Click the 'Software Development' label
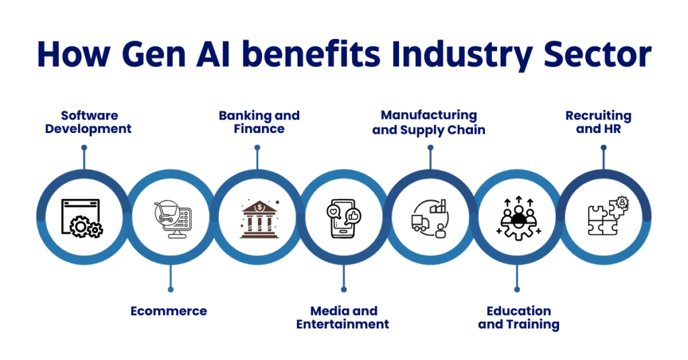[x=88, y=122]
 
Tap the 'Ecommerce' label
[x=168, y=311]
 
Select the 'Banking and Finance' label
[x=259, y=122]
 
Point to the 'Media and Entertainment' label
[x=344, y=317]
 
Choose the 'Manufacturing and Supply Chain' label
[x=429, y=122]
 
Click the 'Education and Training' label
[x=518, y=317]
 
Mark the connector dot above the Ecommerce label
[x=171, y=289]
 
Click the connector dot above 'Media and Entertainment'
[x=344, y=289]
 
